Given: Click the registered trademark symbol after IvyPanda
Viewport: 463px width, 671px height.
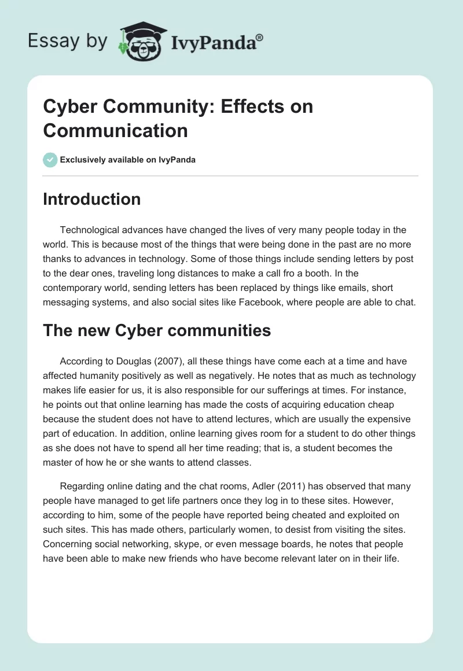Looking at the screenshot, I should click(259, 38).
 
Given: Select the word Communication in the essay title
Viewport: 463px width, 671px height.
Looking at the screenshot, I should click(115, 130).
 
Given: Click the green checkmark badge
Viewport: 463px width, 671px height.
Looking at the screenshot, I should click(50, 160).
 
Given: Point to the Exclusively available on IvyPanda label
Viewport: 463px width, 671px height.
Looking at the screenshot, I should click(128, 160).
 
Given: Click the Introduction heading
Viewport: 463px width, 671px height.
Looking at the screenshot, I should click(91, 199).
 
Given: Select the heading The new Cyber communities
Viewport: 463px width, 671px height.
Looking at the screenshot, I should click(157, 330).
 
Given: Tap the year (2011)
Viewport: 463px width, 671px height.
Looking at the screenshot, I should click(295, 486).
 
